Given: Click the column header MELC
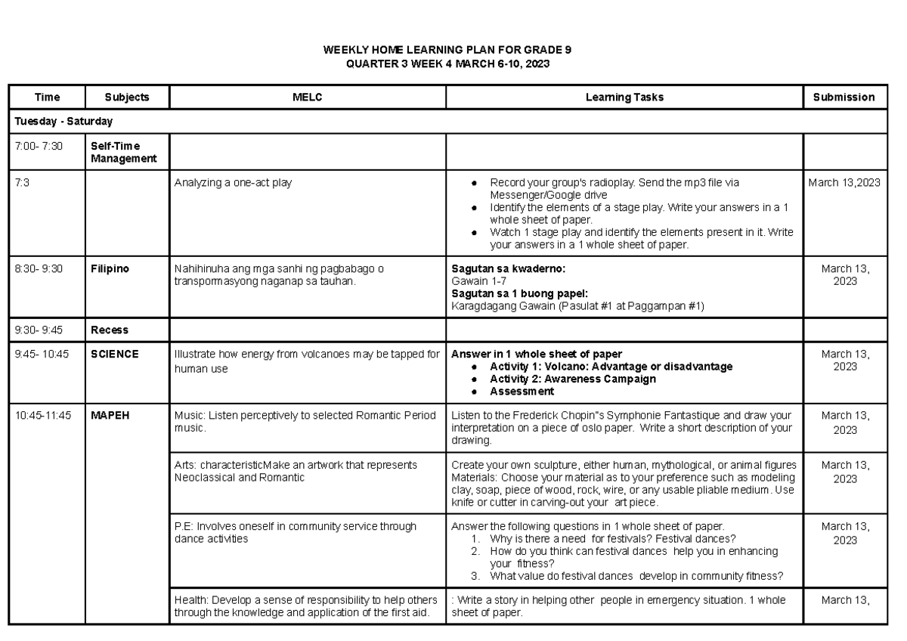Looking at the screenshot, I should coord(308,98).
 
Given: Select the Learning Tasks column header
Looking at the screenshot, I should coord(624,98).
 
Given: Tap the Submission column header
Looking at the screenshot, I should coord(844,98).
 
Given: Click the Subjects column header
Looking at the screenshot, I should coord(127,98).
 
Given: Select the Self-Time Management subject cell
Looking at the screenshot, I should coord(123,152).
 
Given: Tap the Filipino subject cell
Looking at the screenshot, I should coord(109,268).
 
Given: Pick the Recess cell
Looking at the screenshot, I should coord(110,330).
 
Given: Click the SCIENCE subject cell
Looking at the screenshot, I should coord(115,354).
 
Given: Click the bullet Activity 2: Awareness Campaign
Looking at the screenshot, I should coord(572,379).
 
